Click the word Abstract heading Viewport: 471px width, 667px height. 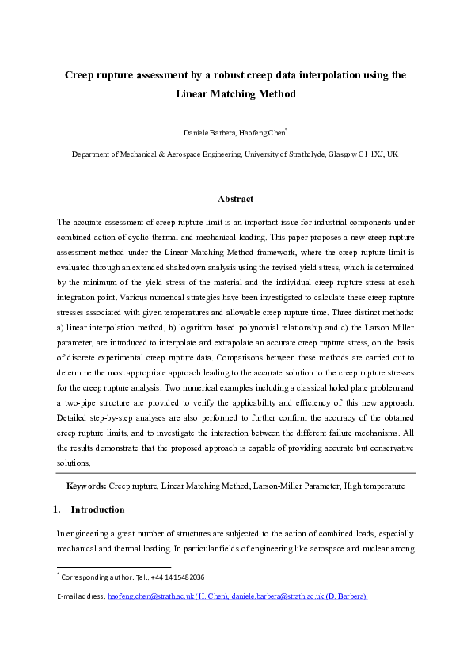[x=235, y=199]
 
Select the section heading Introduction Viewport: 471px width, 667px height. [x=97, y=509]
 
